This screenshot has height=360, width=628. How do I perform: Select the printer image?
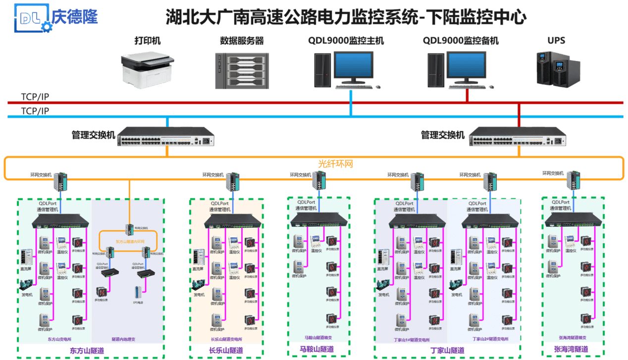[x=148, y=68]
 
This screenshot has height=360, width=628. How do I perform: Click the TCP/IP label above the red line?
[x=35, y=96]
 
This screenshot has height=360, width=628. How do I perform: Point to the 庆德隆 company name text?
[x=74, y=17]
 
